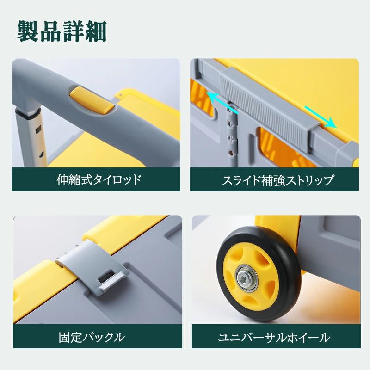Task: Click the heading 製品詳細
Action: tap(62, 31)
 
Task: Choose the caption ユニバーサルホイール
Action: tap(274, 337)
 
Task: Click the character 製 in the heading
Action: tap(29, 31)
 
